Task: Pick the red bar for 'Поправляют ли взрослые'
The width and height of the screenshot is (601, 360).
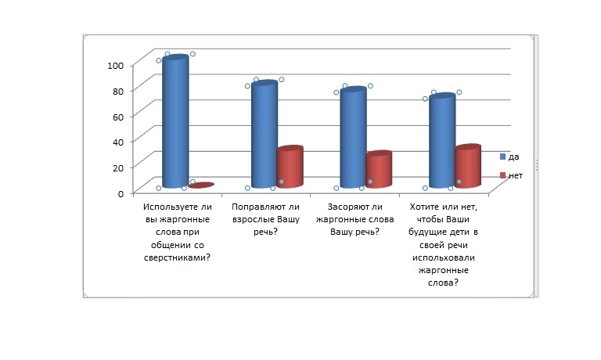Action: tap(290, 167)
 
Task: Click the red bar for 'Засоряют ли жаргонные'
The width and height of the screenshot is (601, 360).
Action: tap(378, 169)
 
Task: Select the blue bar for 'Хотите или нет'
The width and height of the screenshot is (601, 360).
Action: tap(441, 141)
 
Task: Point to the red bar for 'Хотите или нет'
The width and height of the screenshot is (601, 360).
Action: tap(467, 166)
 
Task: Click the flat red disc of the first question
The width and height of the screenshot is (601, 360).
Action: tap(200, 185)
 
